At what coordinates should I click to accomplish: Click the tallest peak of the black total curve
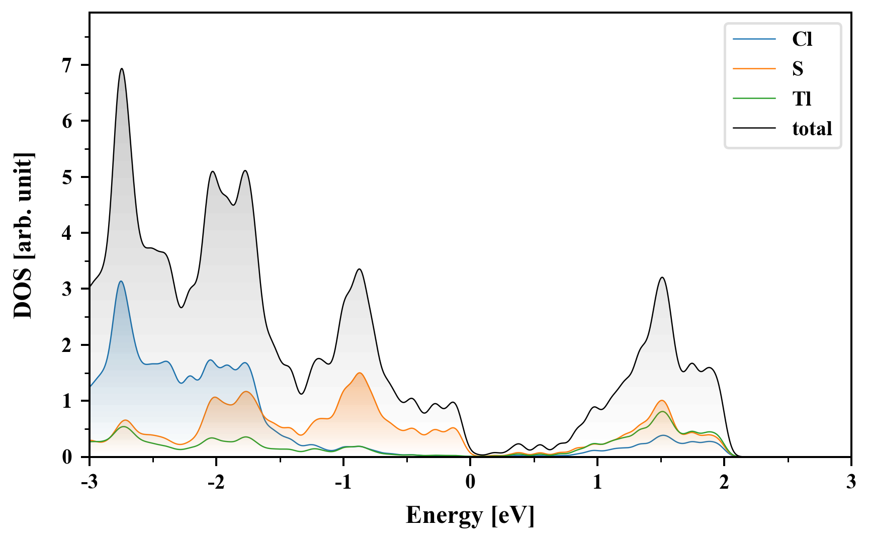[122, 69]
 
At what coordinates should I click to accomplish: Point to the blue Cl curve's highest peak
[121, 281]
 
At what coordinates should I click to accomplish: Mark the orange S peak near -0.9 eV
[360, 373]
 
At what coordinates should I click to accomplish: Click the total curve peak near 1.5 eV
[662, 278]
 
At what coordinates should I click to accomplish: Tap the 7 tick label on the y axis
[67, 65]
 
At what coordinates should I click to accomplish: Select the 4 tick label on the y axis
[67, 233]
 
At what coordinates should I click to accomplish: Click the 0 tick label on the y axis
[67, 457]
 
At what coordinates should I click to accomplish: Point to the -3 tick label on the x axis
[89, 482]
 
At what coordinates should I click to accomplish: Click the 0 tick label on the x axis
[470, 482]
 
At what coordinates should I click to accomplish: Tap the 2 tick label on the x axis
[724, 482]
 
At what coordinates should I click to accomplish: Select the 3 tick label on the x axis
[851, 482]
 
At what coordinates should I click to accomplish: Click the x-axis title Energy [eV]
[470, 515]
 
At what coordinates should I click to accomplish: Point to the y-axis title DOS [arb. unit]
[23, 235]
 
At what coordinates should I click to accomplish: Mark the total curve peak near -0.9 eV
[360, 269]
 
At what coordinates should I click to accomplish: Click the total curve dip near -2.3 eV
[182, 307]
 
